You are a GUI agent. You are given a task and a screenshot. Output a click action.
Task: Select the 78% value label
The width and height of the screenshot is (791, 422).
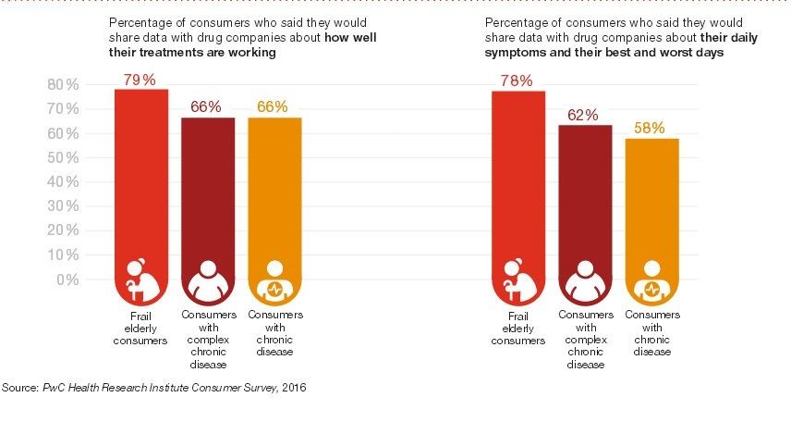(517, 81)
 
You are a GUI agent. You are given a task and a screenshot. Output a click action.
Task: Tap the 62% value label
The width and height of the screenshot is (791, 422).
(584, 116)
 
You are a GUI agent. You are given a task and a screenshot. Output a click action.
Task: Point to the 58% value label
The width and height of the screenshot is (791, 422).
(651, 129)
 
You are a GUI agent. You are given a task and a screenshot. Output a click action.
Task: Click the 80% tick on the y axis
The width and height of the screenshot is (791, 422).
(63, 85)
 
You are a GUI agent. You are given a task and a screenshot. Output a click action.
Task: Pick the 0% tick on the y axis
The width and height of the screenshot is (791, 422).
(67, 279)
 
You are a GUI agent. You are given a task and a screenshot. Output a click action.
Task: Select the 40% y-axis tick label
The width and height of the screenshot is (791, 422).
(63, 182)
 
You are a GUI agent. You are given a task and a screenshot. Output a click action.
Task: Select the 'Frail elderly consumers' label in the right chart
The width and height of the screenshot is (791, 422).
(518, 328)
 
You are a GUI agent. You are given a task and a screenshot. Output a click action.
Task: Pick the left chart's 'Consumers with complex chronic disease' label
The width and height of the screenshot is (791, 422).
(208, 333)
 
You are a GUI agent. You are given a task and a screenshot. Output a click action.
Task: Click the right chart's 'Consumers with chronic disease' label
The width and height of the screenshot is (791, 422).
(651, 333)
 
